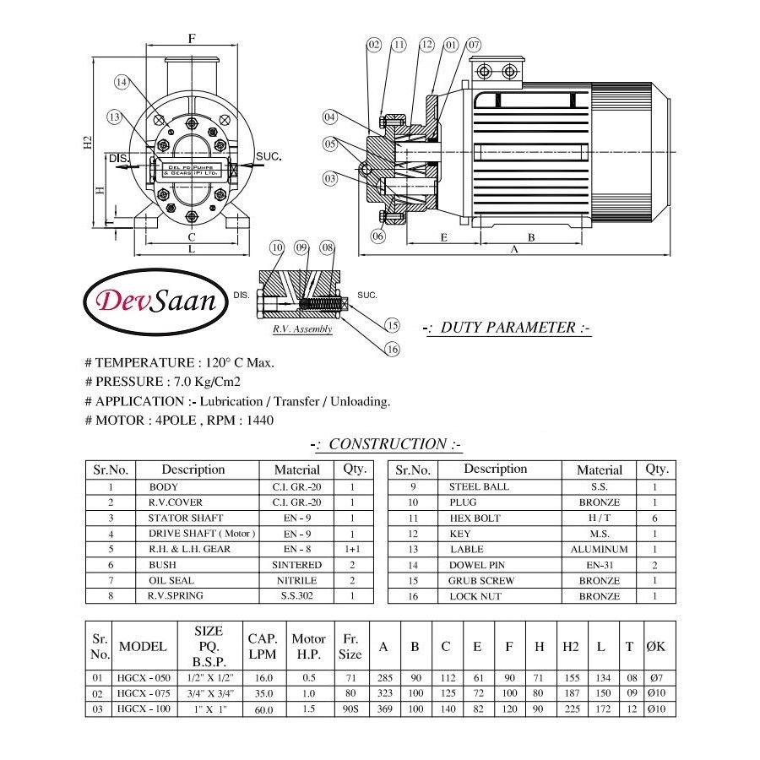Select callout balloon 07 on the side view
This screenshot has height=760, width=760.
[x=473, y=44]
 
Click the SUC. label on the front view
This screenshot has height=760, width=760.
[x=268, y=157]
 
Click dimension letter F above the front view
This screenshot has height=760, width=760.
[x=192, y=39]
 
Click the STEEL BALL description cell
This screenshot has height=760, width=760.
[x=479, y=486]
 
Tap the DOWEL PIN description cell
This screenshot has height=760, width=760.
[x=476, y=565]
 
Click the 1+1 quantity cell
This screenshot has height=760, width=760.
[x=352, y=549]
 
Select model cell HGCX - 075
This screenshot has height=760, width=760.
[x=144, y=694]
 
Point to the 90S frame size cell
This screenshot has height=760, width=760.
[x=350, y=709]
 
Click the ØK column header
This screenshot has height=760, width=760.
[x=656, y=647]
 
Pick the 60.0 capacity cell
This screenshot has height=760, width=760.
[x=263, y=710]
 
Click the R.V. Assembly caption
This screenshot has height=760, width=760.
[x=301, y=329]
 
